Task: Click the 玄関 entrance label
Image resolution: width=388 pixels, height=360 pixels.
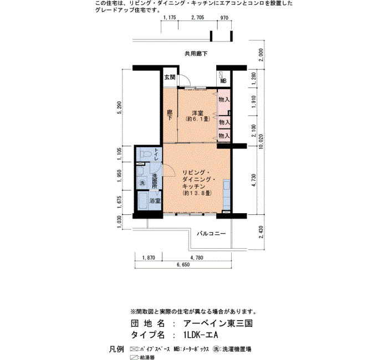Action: tap(170, 78)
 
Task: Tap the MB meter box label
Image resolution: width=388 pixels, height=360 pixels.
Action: tap(223, 81)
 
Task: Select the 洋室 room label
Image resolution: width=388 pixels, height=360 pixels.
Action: tap(198, 113)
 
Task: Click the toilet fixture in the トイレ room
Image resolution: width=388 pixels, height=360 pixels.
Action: tap(145, 155)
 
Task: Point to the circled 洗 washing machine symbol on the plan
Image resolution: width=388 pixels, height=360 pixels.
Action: tap(142, 183)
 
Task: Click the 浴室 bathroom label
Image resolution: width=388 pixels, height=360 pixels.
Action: tap(155, 201)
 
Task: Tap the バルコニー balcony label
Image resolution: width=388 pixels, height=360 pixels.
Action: tap(211, 233)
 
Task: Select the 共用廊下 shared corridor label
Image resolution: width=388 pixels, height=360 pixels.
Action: tap(196, 54)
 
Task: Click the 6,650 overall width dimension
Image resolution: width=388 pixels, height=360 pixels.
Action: tap(183, 265)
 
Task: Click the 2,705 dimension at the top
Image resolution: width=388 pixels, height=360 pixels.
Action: tap(198, 18)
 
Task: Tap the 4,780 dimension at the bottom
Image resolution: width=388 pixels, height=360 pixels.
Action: tap(197, 258)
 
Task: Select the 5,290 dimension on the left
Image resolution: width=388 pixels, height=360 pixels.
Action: tap(120, 107)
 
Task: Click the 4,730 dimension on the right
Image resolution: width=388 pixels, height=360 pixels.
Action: tap(253, 180)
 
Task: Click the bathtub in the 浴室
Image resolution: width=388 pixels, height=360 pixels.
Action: tap(143, 201)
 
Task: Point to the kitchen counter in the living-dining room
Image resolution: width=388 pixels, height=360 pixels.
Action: tap(226, 194)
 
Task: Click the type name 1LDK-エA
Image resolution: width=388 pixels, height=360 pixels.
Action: tap(201, 335)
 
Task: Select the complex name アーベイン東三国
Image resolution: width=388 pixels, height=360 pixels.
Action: tap(218, 323)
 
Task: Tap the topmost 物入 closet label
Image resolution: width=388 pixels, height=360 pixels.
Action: tap(224, 100)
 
